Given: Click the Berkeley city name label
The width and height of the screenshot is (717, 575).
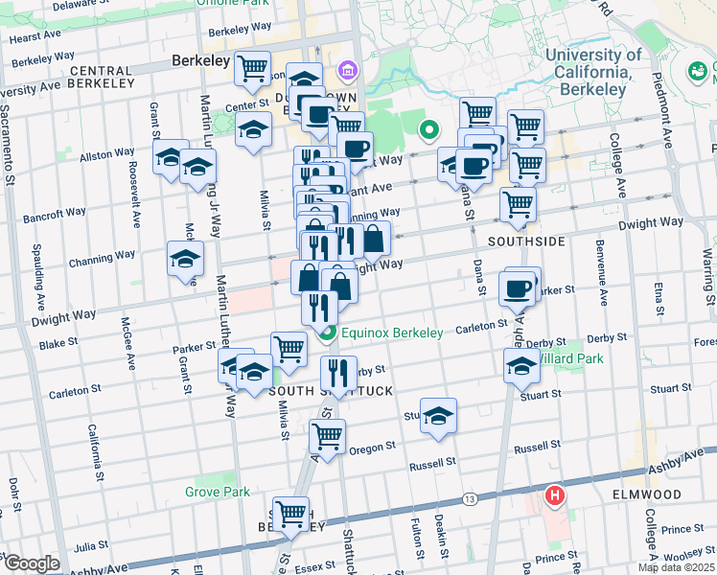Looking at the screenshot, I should click(201, 60).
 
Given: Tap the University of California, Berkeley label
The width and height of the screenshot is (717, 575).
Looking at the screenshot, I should click(594, 72).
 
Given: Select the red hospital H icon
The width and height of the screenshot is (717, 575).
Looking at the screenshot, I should click(554, 495).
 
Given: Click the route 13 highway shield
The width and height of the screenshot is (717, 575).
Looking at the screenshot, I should click(470, 499).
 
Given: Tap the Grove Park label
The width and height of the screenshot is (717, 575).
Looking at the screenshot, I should click(218, 492).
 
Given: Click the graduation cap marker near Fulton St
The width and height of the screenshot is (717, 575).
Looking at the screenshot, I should click(438, 415).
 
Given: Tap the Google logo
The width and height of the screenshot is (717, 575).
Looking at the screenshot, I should click(31, 563).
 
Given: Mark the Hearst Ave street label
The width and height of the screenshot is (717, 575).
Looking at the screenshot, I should click(36, 38).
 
